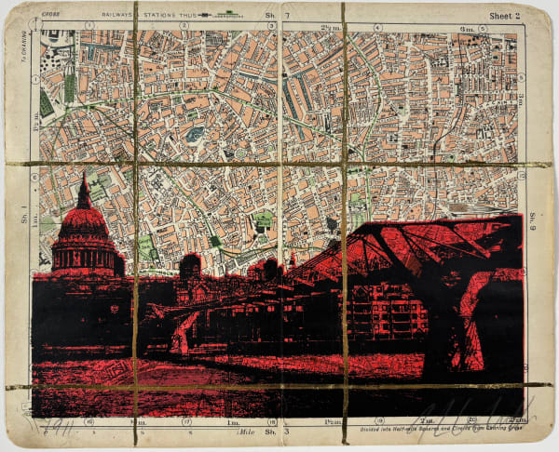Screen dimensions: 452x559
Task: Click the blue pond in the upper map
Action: [x=195, y=134]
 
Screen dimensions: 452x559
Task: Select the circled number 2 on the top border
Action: [x=184, y=26]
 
